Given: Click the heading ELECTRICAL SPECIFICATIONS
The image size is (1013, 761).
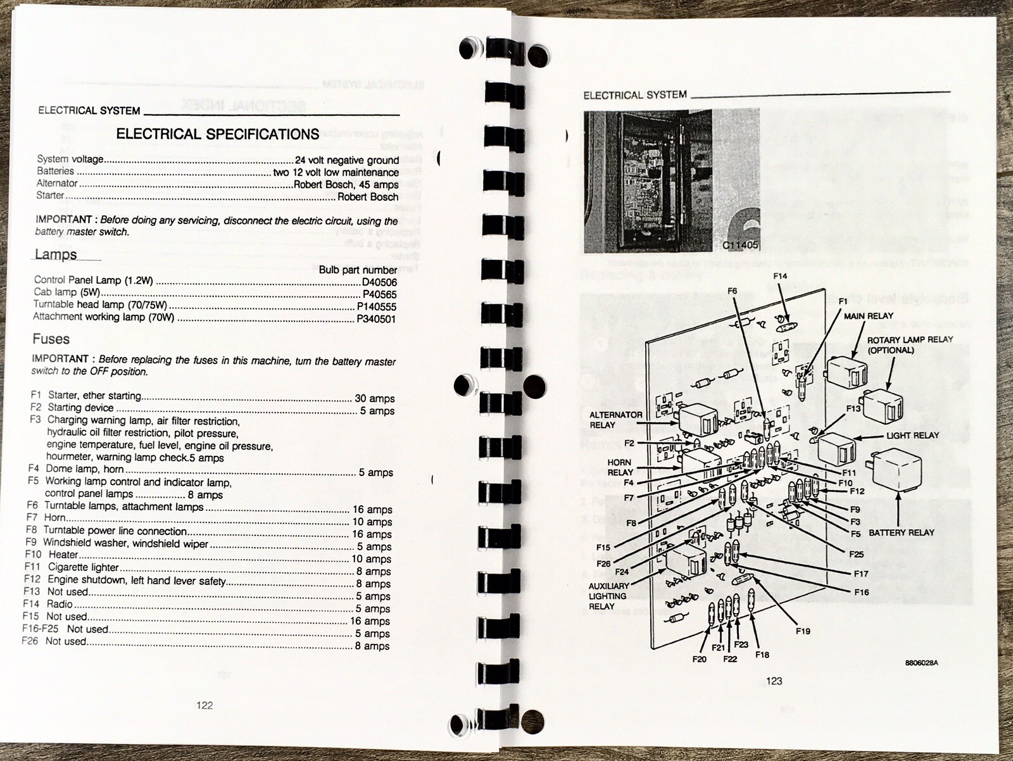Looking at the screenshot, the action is pos(217,134).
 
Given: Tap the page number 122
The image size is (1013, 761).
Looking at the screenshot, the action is pos(204,705).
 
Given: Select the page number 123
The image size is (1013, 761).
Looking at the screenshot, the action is pos(774,681).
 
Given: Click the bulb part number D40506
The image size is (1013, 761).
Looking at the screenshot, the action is pos(379,282).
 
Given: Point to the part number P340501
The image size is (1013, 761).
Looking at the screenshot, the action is pos(376,319).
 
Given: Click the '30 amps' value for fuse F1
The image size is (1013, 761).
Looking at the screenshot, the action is pos(375,398).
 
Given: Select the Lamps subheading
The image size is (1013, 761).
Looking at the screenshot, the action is pos(56,255).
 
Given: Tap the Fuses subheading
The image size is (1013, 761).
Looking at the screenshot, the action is pos(51,339).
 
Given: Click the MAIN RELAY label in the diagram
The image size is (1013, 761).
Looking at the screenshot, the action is pos(869,316).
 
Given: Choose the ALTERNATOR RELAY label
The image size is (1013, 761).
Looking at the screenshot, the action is pos(615,420).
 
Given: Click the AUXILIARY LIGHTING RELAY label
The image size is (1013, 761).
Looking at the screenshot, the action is pos(608,596).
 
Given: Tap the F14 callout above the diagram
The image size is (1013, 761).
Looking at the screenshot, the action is pos(780,276).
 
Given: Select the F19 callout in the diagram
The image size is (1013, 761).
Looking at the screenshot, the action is pos(803,631).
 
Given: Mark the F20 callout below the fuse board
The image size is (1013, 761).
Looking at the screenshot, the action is pos(699,660).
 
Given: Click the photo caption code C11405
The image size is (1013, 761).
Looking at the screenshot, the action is pos(739,245).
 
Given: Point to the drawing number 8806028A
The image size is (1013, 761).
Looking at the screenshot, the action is pos(922,663).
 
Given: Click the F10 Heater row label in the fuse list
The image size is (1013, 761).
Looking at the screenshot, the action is pos(51,554).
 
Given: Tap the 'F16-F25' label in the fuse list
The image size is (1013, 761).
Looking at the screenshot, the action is pos(41,629).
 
